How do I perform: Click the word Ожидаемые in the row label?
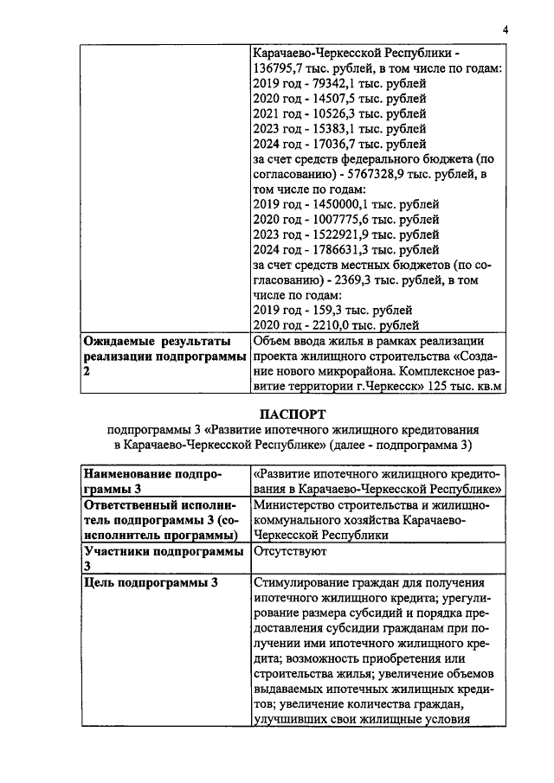click(x=122, y=342)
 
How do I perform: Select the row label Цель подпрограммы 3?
click(x=150, y=582)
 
